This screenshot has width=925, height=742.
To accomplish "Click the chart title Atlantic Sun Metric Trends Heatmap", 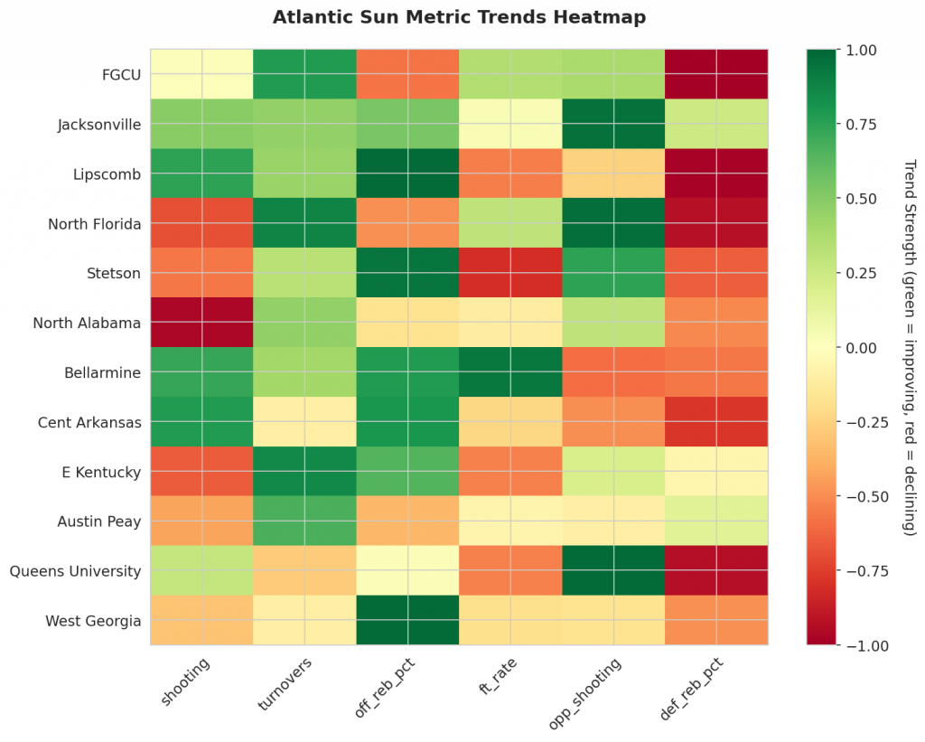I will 459,17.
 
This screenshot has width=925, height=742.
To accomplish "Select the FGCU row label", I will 122,74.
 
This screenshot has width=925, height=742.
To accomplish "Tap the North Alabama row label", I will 87,323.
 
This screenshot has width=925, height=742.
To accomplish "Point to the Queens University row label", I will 75,571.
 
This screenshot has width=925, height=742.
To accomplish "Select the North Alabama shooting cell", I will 201,323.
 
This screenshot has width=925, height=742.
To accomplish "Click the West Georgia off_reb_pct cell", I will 407,621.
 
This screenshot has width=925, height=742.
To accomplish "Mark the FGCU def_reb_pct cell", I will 716,74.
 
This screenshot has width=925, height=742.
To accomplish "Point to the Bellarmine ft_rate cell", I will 510,372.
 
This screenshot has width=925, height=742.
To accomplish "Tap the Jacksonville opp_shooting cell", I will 613,124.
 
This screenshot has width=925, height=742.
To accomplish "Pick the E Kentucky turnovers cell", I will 304,472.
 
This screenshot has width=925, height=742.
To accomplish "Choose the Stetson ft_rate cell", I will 510,273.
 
